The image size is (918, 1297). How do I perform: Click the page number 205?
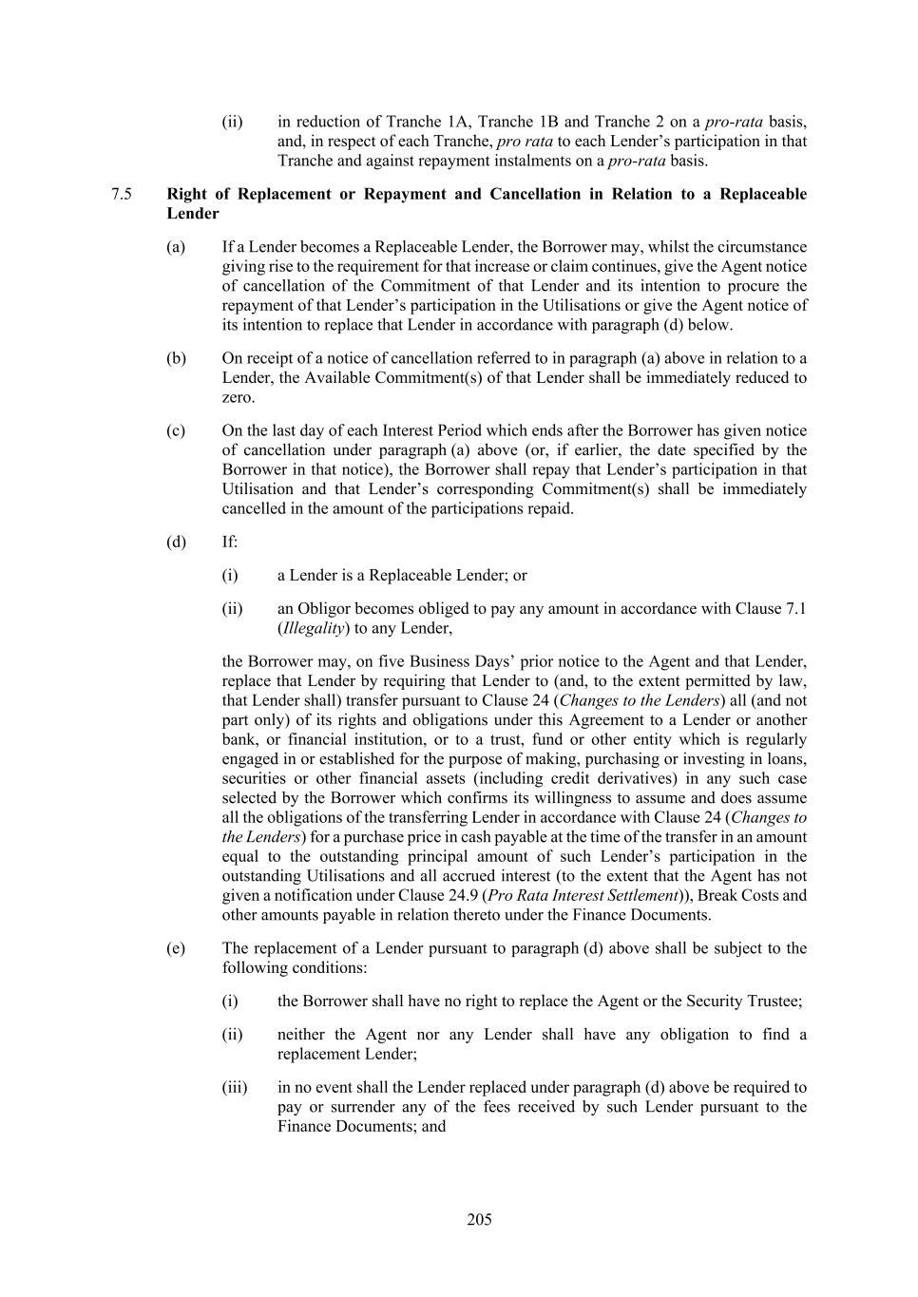[479, 1220]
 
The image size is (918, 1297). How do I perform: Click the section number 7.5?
[121, 194]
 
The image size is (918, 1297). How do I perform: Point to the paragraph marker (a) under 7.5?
[176, 247]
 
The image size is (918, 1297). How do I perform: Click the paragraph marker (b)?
[176, 358]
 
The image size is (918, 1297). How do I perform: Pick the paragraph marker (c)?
[176, 430]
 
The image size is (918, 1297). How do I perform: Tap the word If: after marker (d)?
[230, 542]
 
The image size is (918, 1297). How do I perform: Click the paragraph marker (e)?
[176, 948]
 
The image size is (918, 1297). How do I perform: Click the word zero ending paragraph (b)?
[238, 397]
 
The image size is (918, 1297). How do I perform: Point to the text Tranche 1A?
[427, 122]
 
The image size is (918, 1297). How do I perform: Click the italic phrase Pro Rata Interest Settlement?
[585, 895]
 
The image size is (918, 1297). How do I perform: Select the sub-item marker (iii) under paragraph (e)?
[234, 1087]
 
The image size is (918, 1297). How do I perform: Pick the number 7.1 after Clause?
[794, 608]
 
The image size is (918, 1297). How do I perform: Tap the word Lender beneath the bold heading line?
[193, 214]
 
